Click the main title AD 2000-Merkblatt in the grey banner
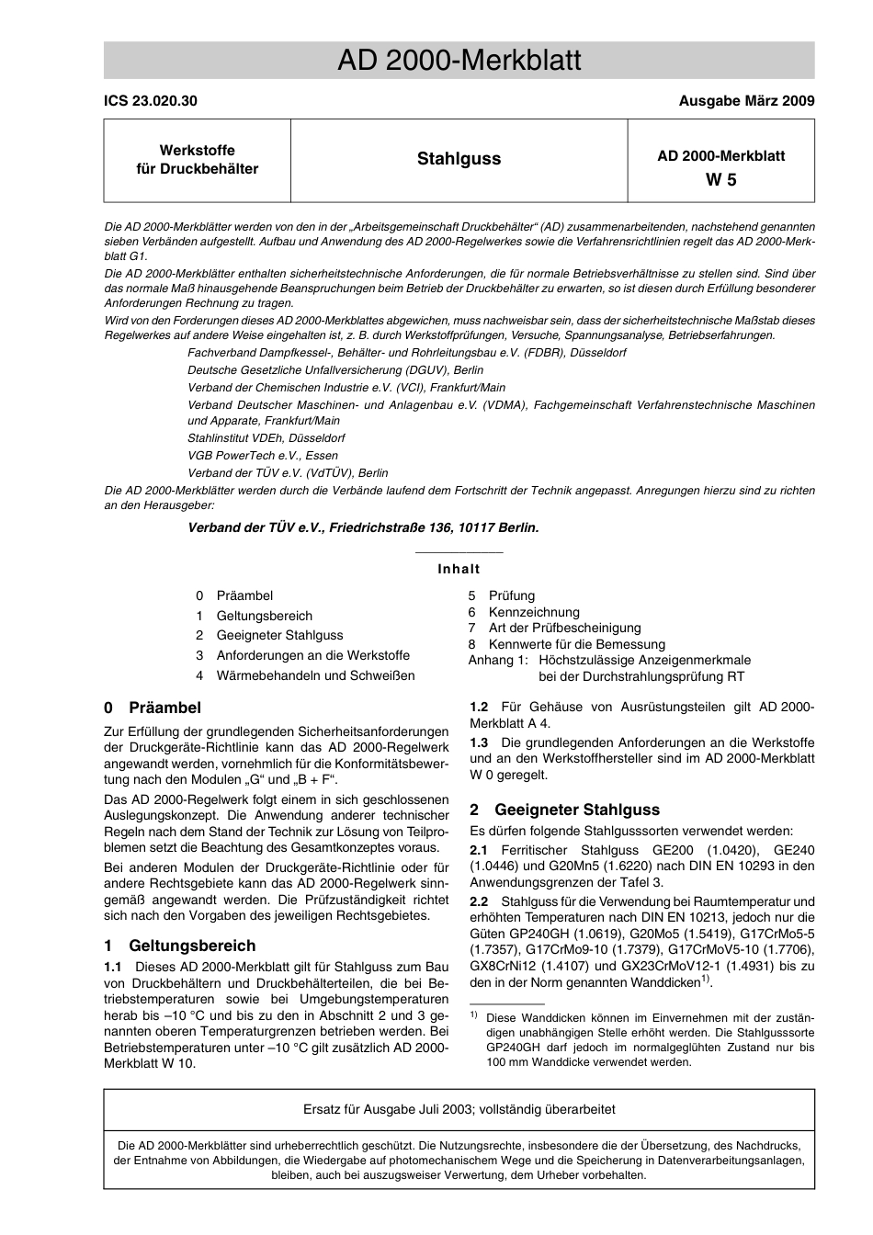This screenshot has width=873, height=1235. (459, 61)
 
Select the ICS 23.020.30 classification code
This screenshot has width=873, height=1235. (150, 101)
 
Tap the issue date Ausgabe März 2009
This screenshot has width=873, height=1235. (745, 101)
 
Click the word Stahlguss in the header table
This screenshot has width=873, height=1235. (459, 159)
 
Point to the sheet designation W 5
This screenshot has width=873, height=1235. (720, 180)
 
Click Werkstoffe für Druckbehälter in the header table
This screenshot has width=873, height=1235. (197, 160)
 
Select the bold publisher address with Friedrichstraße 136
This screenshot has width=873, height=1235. (363, 527)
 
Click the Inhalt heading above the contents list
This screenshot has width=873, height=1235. (459, 569)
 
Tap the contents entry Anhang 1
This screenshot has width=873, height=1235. (498, 660)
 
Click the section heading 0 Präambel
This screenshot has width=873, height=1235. (153, 708)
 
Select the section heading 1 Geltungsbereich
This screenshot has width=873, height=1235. (179, 946)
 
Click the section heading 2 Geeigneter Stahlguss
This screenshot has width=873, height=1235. (564, 810)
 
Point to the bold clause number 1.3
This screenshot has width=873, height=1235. (479, 742)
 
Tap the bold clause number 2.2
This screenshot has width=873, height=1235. (479, 901)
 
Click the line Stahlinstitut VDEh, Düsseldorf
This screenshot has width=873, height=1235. (266, 438)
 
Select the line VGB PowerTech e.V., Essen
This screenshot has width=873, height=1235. (262, 456)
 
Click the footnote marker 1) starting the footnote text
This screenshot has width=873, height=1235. (474, 1015)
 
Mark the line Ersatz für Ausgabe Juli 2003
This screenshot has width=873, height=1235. (459, 1109)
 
